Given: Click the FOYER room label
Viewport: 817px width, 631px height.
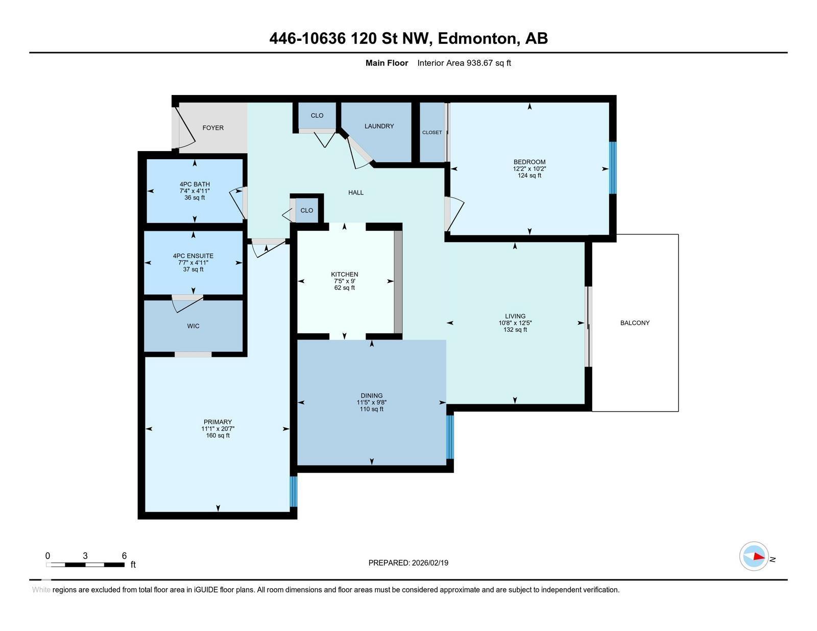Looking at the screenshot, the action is [213, 128].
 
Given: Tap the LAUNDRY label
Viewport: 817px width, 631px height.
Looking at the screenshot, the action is [379, 126].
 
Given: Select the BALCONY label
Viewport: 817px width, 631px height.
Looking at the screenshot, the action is [635, 323].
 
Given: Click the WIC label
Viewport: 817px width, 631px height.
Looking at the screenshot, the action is [193, 326].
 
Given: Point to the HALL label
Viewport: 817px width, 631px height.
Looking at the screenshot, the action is [356, 192].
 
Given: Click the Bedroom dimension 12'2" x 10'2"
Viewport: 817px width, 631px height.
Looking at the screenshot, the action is [530, 169].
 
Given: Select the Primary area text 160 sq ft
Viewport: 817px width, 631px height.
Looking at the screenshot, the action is [218, 435].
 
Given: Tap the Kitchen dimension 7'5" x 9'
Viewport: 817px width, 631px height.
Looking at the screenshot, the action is [344, 281].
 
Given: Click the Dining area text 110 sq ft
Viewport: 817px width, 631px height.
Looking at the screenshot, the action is [371, 409].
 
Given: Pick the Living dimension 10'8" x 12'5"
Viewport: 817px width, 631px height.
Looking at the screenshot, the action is [515, 323].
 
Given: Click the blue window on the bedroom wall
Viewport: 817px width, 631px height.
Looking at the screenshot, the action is [612, 167].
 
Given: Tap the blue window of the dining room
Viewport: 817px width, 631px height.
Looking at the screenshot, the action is [450, 437].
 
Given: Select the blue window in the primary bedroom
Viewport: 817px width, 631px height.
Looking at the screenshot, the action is [294, 492].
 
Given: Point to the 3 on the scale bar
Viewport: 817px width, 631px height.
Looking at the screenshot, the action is [85, 556].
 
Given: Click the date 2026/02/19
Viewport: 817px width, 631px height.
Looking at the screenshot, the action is [430, 563].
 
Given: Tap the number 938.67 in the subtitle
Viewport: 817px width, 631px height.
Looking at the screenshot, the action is [479, 63].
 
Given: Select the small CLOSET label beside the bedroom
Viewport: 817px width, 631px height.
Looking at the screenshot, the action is [432, 132].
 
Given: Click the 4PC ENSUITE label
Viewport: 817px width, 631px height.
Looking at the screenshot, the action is [193, 256].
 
